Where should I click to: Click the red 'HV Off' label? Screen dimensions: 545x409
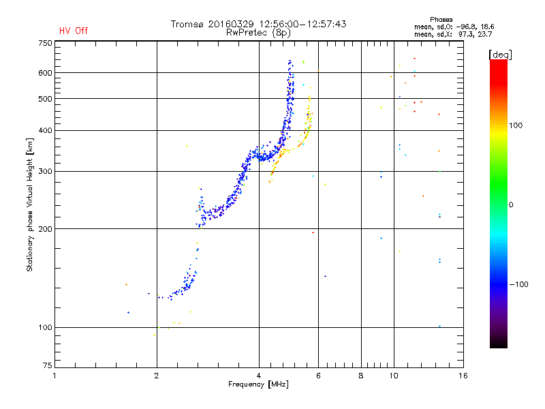(x=74, y=31)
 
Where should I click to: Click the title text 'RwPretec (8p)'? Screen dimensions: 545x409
(x=258, y=33)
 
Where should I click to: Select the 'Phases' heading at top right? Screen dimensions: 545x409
(x=441, y=20)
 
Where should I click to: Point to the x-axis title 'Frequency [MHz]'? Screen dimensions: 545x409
(x=258, y=384)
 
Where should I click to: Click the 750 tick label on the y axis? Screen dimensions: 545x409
(x=45, y=43)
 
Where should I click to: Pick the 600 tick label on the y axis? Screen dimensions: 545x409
(x=45, y=73)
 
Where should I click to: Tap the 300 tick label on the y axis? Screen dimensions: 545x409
(x=45, y=171)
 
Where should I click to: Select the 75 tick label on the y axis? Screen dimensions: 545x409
(x=48, y=365)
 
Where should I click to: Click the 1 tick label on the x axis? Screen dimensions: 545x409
(x=54, y=376)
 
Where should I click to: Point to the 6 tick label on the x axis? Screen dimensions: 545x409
(x=318, y=376)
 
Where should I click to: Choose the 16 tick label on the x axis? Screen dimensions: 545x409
(x=463, y=376)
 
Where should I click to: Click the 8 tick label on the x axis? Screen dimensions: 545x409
(x=361, y=376)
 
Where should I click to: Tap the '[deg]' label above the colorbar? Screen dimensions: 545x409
(x=500, y=55)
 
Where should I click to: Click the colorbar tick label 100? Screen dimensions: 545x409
(x=516, y=125)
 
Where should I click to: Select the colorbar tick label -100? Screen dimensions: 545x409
(x=518, y=284)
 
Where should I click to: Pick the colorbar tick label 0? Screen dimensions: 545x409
(x=511, y=205)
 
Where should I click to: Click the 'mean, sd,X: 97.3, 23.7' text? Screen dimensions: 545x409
(x=453, y=35)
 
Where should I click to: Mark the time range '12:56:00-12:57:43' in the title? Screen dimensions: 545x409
(x=302, y=24)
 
